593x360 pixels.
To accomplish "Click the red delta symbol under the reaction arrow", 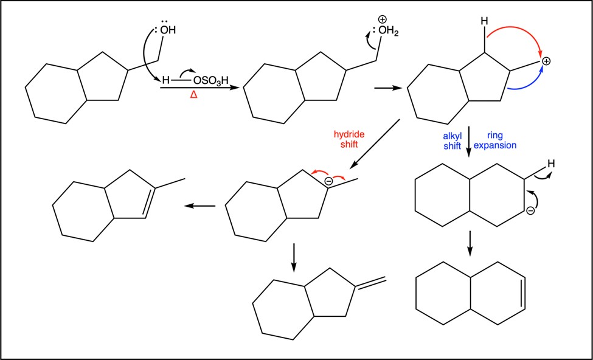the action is pos(193,95).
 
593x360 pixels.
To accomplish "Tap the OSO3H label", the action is pos(210,81).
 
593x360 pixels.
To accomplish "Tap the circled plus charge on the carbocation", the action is pos(546,60).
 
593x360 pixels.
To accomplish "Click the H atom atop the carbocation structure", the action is pos(485,21).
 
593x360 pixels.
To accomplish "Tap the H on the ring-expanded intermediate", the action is pos(552,164).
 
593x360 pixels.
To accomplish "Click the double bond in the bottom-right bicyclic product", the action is pos(523,294).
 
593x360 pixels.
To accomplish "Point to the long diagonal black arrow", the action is pos(375,145).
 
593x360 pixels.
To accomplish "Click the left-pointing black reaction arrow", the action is pos(199,206).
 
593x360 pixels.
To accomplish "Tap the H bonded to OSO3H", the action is pos(165,80).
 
